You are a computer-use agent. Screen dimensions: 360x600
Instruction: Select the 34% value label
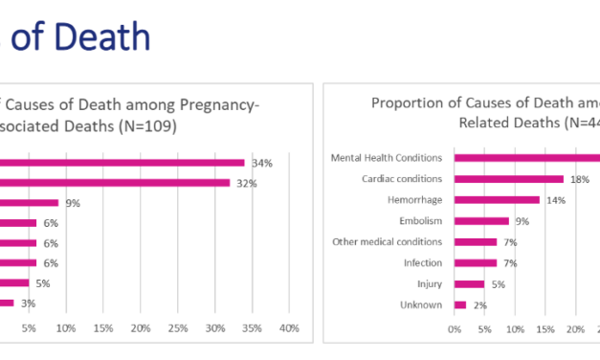(261, 163)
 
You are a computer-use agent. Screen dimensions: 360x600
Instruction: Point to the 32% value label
(247, 183)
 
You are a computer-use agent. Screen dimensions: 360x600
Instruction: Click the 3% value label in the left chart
(30, 304)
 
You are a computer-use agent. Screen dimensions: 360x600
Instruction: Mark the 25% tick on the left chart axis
(177, 329)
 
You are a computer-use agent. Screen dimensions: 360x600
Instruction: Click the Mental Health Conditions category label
(387, 158)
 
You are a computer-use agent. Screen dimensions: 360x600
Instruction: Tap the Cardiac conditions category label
(402, 179)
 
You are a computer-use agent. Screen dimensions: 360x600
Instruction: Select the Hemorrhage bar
(497, 200)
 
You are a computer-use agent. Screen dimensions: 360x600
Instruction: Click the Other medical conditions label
(387, 241)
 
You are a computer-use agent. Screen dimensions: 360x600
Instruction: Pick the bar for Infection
(476, 262)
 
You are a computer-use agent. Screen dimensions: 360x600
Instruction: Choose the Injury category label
(429, 283)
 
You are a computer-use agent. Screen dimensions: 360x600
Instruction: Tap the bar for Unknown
(460, 304)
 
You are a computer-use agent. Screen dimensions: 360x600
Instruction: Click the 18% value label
(580, 179)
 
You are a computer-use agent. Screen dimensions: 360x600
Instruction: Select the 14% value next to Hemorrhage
(556, 200)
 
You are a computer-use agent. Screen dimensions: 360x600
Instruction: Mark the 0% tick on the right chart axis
(455, 329)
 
